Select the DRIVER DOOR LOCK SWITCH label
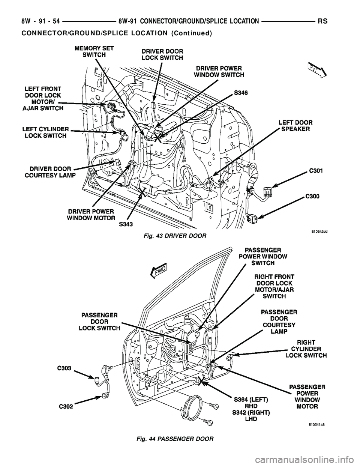click(162, 54)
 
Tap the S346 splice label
click(243, 92)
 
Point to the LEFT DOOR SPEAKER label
click(296, 125)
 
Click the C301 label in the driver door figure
click(317, 171)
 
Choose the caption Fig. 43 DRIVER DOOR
click(174, 235)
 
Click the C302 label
click(65, 405)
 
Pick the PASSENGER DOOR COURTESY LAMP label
click(279, 322)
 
